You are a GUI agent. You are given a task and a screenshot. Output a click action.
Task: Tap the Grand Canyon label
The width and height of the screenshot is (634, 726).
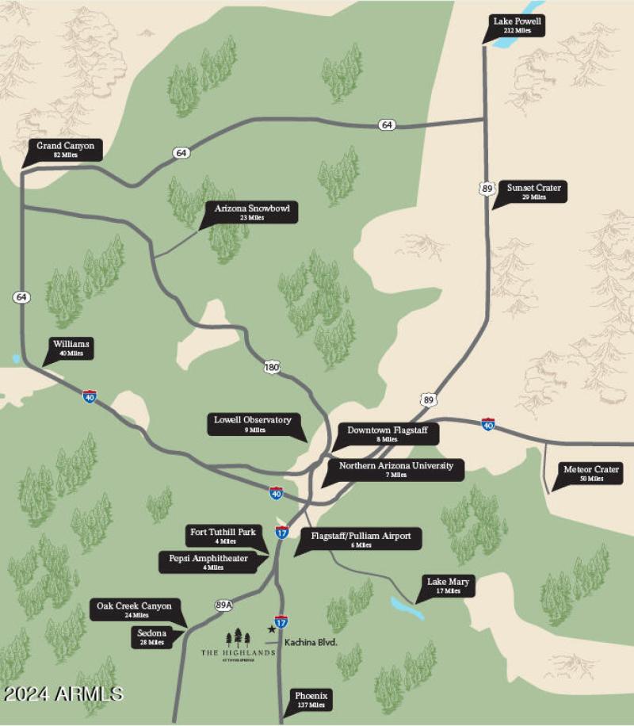pyautogui.click(x=65, y=150)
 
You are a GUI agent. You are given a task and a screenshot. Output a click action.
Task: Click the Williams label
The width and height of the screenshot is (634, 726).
pyautogui.click(x=71, y=348)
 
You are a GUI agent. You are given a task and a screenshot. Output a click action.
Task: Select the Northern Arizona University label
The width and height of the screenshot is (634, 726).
pyautogui.click(x=395, y=470)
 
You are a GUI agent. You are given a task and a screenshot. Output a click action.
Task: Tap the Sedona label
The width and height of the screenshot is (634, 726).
pyautogui.click(x=151, y=637)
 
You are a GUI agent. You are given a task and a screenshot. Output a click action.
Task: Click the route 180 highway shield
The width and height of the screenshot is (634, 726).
pyautogui.click(x=272, y=367)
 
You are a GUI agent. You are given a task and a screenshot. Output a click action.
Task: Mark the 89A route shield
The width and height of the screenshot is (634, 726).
pyautogui.click(x=223, y=605)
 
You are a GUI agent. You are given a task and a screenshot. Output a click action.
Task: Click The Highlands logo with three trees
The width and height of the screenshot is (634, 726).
pyautogui.click(x=238, y=643)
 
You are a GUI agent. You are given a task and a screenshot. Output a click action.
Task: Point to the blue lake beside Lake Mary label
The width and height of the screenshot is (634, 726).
pyautogui.click(x=407, y=609)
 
